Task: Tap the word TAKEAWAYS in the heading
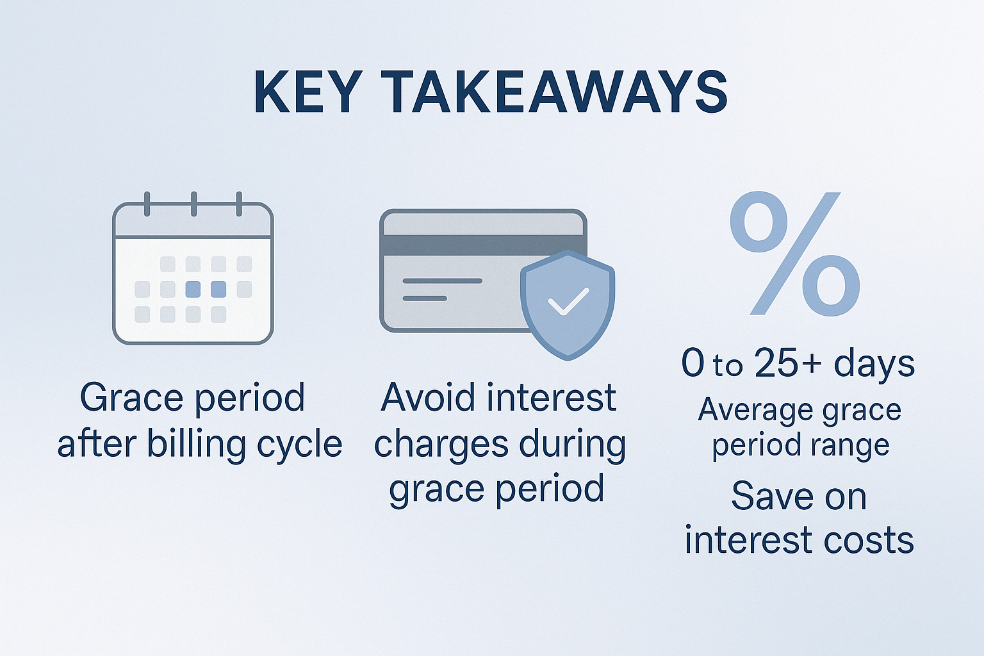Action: point(554,92)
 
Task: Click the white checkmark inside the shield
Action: point(568,302)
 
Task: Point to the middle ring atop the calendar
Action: point(193,204)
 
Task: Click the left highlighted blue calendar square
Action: point(193,290)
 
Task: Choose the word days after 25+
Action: point(874,363)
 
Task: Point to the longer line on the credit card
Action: point(442,281)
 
